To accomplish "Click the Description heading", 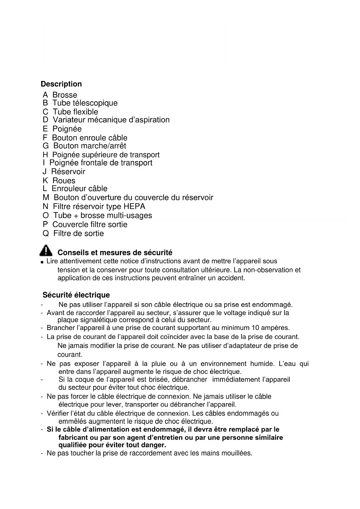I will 61,84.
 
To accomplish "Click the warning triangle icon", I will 46,250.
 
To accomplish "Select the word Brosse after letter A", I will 65,95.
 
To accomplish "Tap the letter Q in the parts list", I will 46,234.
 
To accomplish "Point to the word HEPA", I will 134,207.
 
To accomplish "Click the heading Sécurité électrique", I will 76,295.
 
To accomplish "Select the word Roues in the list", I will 64,181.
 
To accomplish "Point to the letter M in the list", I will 46,198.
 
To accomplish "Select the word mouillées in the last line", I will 237,453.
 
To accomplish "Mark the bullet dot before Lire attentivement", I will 42,262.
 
